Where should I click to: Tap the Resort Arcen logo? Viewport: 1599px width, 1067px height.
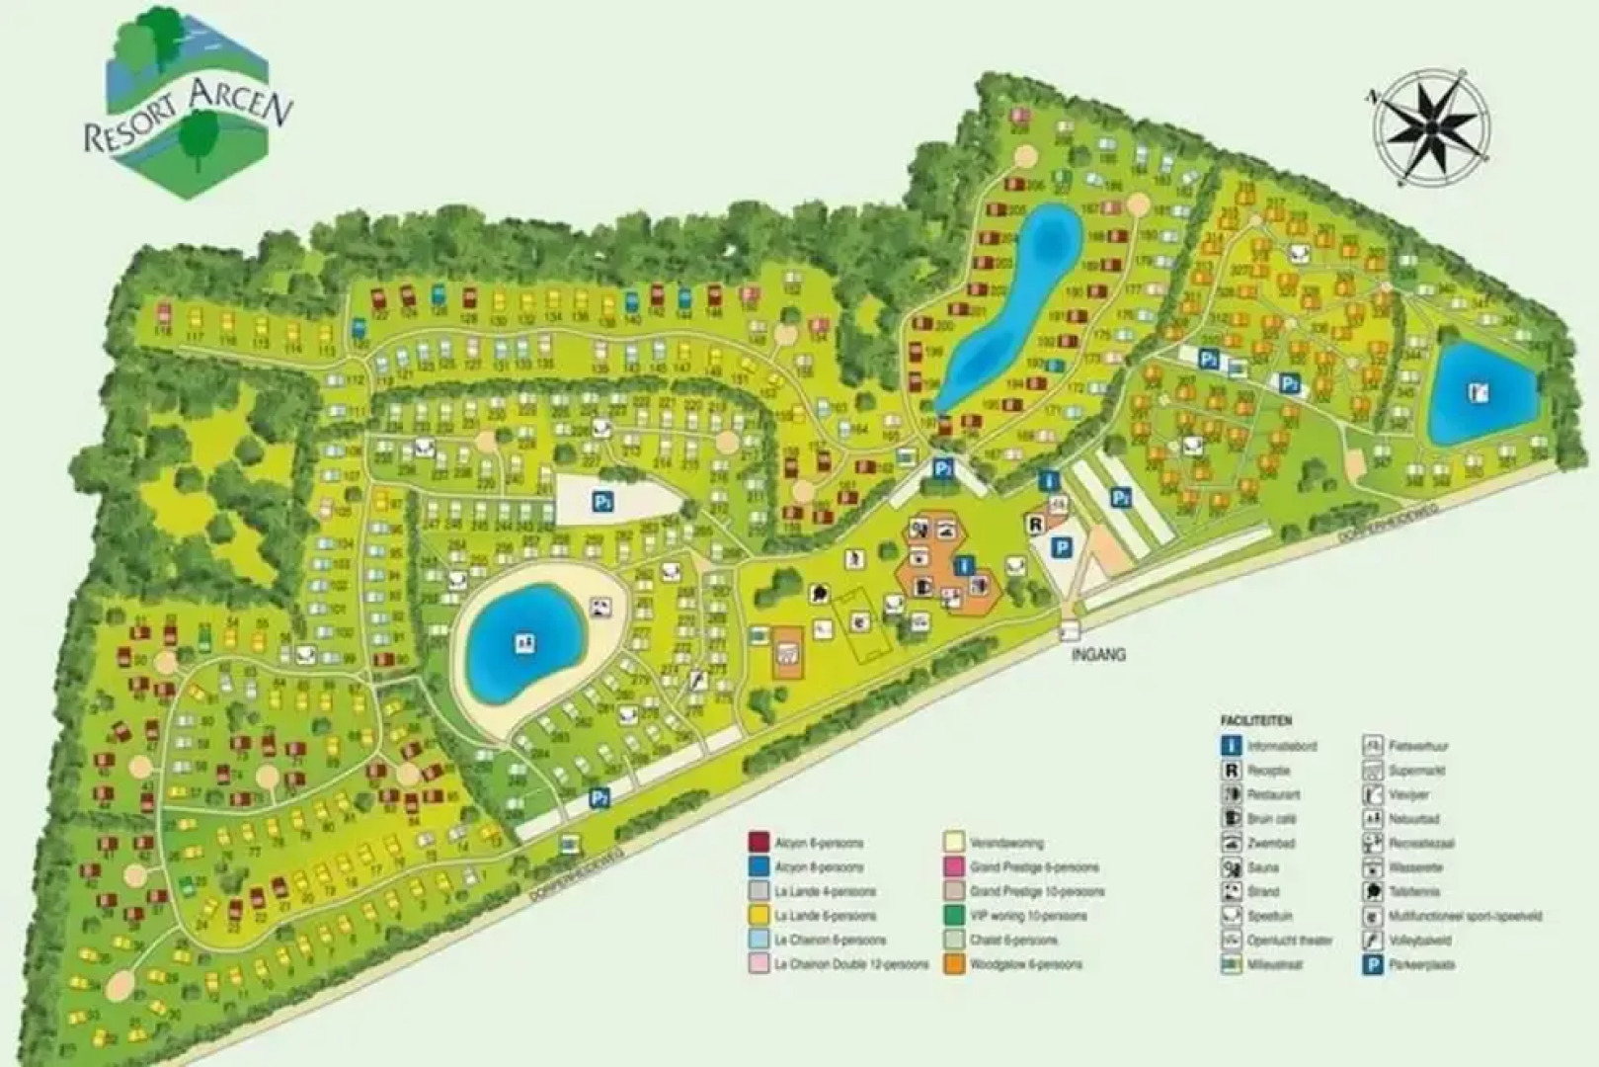coord(187,105)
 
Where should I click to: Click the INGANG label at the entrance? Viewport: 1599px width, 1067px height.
coord(1097,654)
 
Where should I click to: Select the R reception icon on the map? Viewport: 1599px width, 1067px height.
coord(1035,525)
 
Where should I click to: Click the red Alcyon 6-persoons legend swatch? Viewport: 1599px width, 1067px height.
coord(759,843)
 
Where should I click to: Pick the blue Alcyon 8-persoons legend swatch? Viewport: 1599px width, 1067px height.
coord(759,867)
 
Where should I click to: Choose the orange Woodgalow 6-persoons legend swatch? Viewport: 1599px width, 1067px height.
coord(953,964)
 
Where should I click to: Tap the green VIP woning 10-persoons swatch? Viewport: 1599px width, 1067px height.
coord(953,916)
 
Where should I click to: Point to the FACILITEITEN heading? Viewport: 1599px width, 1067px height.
coord(1255,721)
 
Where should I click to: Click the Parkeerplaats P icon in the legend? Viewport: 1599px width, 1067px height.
coord(1372,964)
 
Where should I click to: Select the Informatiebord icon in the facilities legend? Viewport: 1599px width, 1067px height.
coord(1231,746)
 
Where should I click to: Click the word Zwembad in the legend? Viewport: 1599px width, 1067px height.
coord(1270,843)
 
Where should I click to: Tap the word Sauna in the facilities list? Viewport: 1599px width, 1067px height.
coord(1262,867)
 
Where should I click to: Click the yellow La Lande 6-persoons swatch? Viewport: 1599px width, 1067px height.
coord(759,916)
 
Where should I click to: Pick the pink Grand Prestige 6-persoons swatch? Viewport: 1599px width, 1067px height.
coord(953,867)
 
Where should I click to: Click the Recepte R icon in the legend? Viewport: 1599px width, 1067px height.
coord(1231,771)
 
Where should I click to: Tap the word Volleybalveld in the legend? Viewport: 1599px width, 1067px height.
coord(1419,940)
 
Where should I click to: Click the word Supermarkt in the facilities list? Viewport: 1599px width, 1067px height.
coord(1417,771)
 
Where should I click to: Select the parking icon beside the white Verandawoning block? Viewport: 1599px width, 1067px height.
coord(603,502)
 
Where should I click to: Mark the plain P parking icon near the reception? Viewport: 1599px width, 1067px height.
coord(1062,548)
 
